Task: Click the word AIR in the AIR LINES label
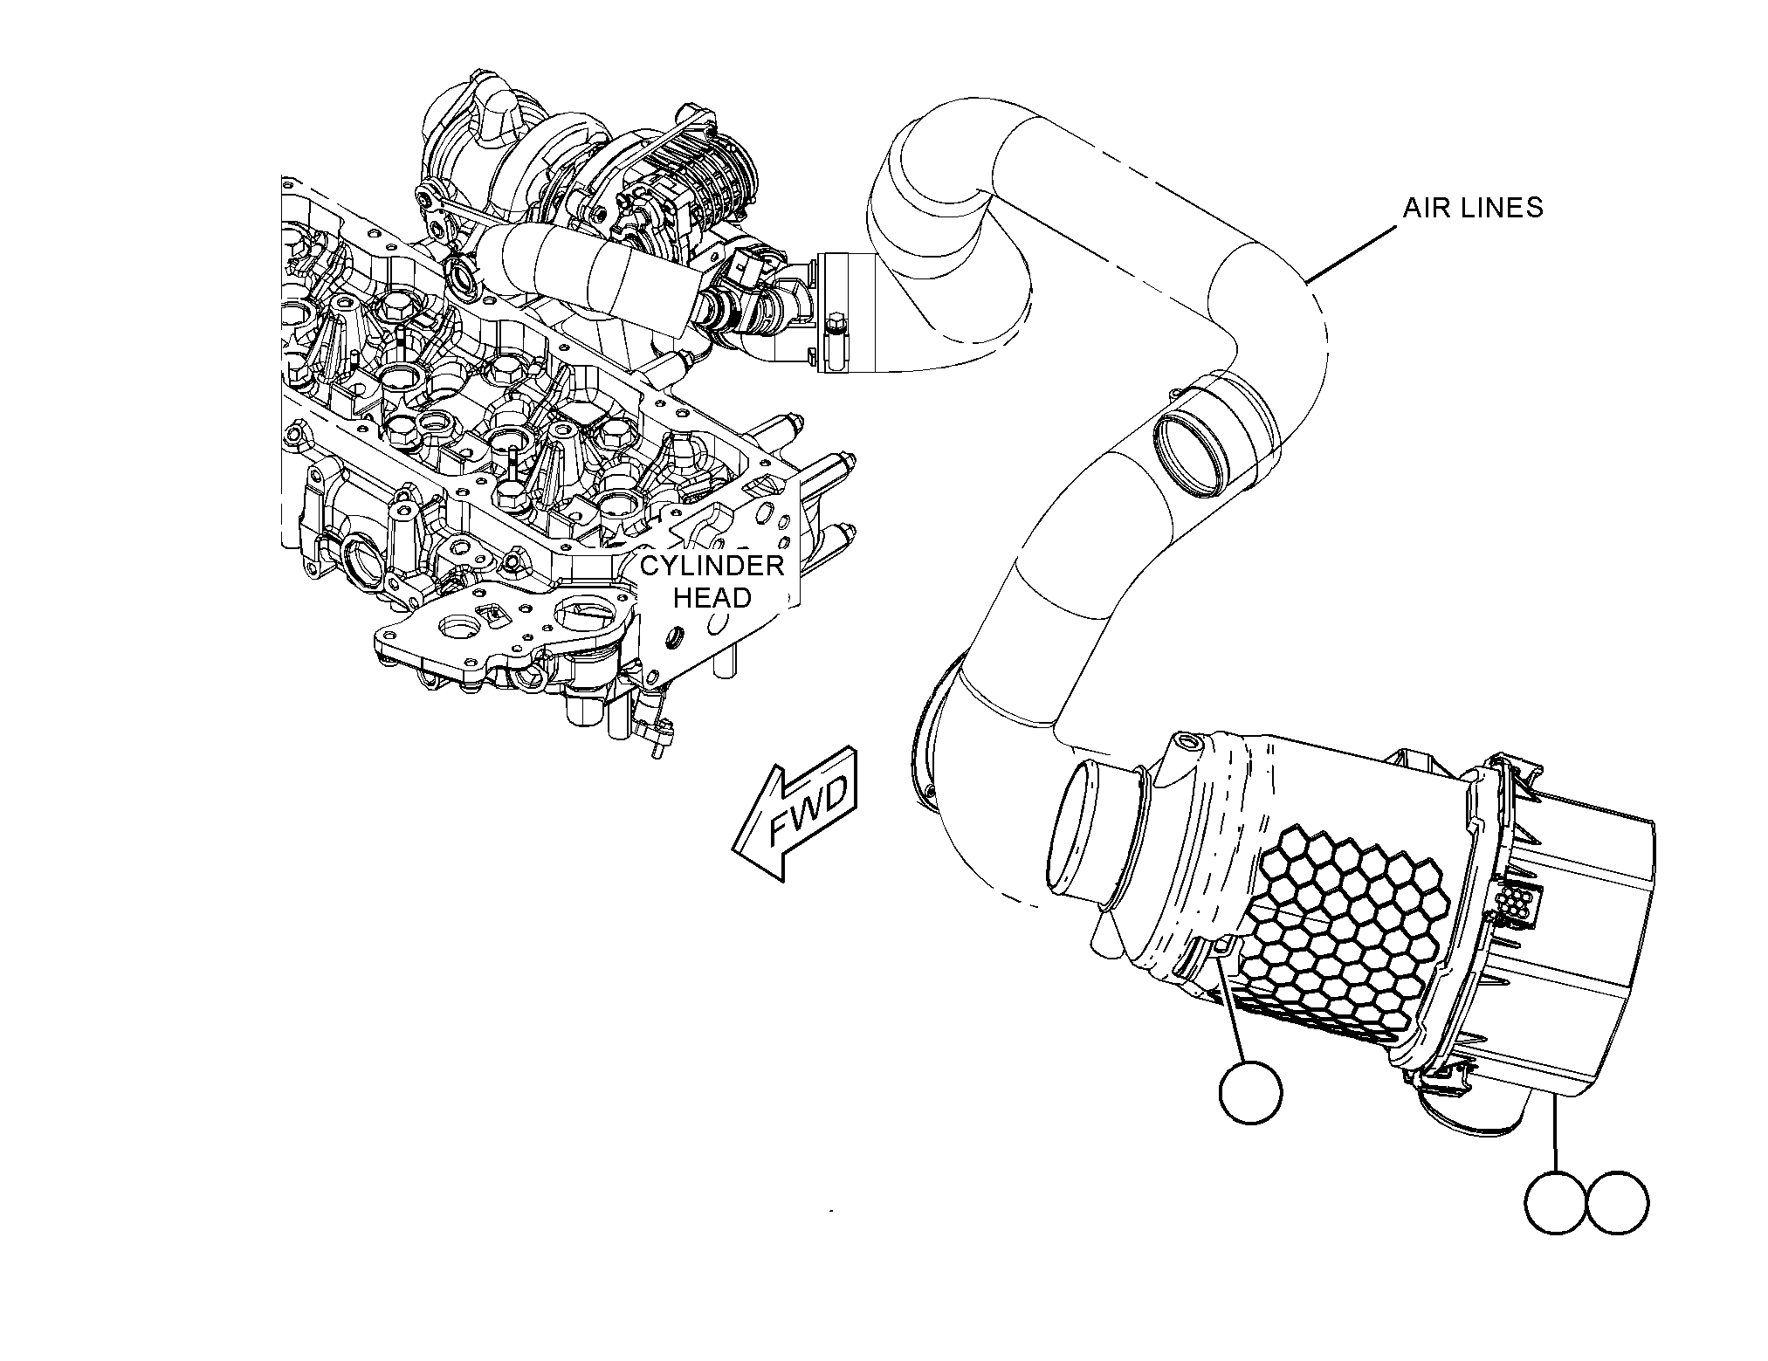1424,208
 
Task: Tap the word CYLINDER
712,566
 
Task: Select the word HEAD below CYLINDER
712,598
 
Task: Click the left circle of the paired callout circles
1557,1202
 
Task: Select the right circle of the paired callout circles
1618,1202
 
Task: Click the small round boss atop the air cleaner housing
1191,744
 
